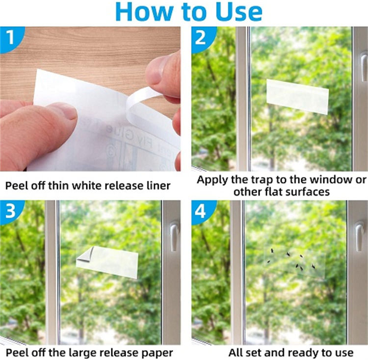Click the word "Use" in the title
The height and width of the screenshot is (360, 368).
point(237,12)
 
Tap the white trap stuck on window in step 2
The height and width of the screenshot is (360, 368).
point(297,96)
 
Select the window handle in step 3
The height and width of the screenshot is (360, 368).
point(174,236)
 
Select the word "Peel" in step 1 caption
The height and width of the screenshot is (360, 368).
point(18,186)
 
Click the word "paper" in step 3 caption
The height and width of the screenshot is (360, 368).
point(158,353)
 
